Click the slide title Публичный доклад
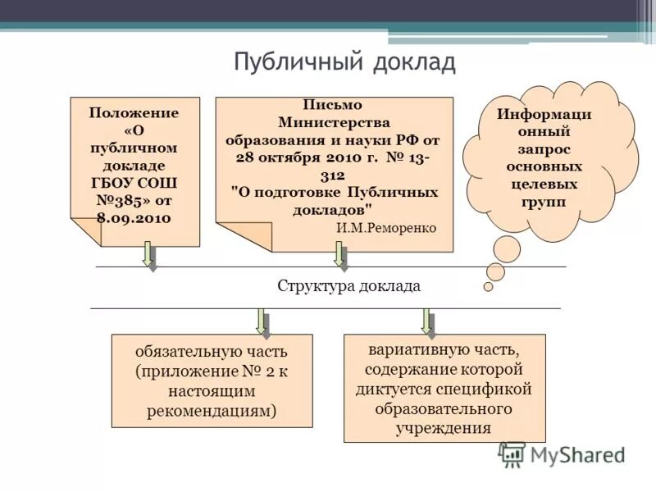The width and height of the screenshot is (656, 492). [344, 63]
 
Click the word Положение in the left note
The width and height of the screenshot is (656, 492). [134, 112]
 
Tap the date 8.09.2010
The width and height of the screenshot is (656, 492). [134, 217]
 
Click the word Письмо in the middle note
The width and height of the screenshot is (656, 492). [332, 105]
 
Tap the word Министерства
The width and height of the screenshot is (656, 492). [332, 122]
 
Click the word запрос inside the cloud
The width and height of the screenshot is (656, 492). [544, 149]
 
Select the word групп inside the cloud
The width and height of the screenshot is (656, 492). [544, 202]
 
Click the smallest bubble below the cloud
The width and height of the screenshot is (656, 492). [488, 287]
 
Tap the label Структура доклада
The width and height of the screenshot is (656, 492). [348, 286]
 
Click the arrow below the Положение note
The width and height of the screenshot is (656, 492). [149, 255]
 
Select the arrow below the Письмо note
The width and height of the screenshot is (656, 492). [340, 255]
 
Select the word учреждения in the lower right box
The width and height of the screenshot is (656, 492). [444, 426]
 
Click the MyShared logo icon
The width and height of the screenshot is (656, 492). [512, 454]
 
